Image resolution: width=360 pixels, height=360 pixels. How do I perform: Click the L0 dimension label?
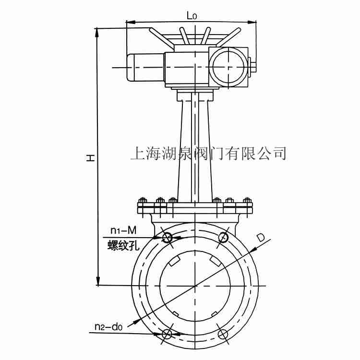click(192, 15)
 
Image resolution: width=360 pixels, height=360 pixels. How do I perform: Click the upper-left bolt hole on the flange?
click(168, 238)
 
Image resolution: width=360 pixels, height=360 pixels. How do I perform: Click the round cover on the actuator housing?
click(228, 67)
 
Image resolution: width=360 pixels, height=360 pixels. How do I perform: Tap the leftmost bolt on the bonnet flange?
click(142, 201)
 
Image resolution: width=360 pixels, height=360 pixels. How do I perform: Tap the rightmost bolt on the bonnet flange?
click(247, 201)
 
